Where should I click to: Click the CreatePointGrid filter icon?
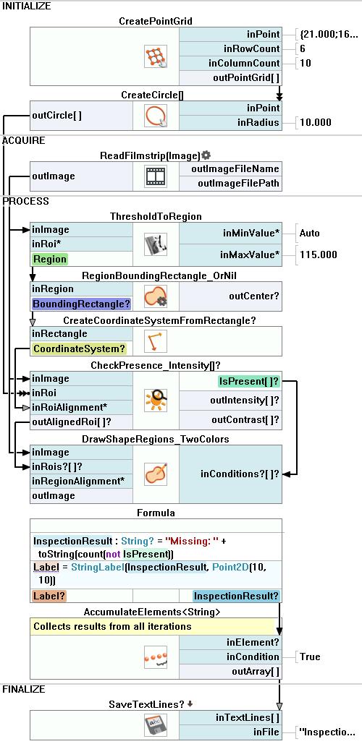click(156, 56)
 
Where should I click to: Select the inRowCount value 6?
click(303, 49)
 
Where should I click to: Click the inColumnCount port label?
click(244, 63)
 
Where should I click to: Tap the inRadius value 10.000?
click(316, 122)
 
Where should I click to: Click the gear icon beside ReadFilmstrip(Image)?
click(206, 155)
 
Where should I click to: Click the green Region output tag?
click(50, 259)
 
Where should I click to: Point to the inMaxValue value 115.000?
click(319, 255)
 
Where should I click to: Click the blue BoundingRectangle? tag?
click(81, 304)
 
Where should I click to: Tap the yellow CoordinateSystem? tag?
click(79, 349)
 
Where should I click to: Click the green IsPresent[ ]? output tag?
click(248, 381)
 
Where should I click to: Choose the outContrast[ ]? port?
click(245, 420)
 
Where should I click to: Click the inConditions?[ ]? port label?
click(240, 474)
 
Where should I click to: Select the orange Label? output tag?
click(50, 596)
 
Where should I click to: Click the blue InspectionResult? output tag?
click(237, 596)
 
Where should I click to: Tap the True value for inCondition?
click(310, 657)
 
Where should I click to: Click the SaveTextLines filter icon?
click(156, 726)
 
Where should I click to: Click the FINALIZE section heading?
click(23, 689)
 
